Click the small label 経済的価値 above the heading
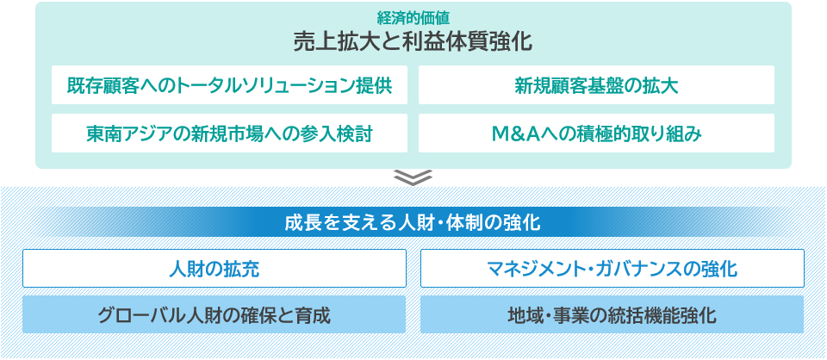coord(413,16)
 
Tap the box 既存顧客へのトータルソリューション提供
coord(229,85)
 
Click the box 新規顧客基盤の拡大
coord(596,85)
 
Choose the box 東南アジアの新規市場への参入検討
coord(229,133)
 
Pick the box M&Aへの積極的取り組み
coord(596,133)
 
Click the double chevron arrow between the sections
coord(413,177)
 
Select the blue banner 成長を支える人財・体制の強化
coord(413,222)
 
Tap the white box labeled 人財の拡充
coord(214,269)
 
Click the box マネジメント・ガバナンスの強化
coord(612,269)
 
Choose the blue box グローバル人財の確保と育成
coord(214,314)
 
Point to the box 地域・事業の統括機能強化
coord(612,314)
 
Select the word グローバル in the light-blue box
coord(141,314)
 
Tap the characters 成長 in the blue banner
coord(299,222)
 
